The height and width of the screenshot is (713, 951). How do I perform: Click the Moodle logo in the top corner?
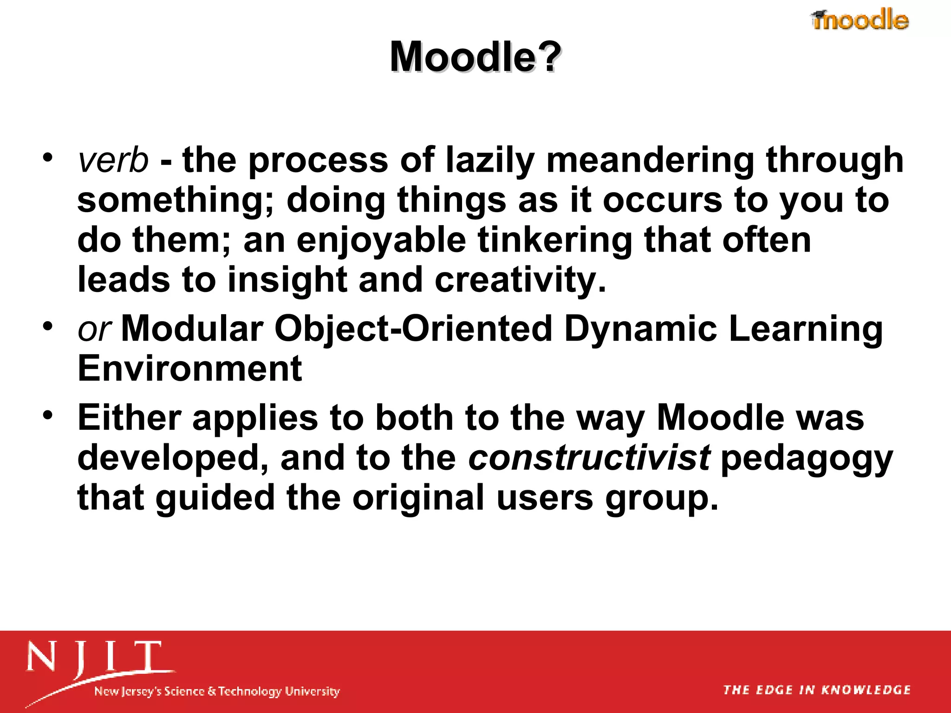click(860, 20)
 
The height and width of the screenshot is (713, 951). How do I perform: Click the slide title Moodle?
click(475, 57)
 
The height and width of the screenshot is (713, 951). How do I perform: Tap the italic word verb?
click(113, 160)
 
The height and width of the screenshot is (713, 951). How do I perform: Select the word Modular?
click(192, 329)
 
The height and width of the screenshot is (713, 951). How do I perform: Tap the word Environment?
click(190, 369)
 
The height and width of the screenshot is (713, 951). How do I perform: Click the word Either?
click(129, 418)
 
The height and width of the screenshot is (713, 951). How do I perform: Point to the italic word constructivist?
click(589, 458)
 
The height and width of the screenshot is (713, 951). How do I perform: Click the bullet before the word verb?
click(48, 158)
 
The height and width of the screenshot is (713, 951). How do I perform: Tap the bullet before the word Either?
click(48, 415)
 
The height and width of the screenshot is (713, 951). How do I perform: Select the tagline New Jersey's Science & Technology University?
click(217, 691)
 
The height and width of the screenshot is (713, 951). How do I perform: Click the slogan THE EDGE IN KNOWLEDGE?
click(817, 690)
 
